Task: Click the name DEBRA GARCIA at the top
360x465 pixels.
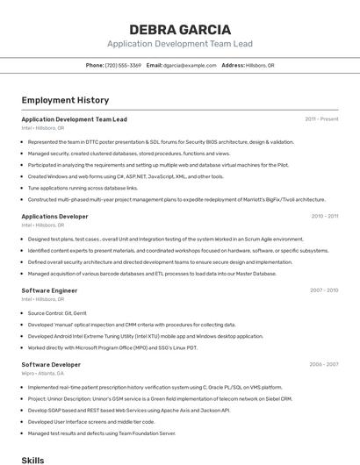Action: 179,29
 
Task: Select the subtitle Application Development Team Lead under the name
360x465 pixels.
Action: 179,43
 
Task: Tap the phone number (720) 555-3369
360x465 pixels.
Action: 123,66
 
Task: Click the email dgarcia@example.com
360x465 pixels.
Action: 189,66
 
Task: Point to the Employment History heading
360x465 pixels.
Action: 65,100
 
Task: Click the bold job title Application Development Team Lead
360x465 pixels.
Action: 74,119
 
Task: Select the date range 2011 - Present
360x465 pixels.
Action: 321,119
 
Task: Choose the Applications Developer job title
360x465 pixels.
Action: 54,216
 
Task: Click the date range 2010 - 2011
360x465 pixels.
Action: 324,216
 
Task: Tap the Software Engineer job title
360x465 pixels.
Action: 49,290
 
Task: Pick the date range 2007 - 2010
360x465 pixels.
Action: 324,290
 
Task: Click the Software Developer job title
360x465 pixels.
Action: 51,364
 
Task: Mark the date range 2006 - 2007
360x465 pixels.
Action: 324,364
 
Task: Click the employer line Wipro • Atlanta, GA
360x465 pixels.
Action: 44,373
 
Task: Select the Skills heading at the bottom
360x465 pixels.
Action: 32,459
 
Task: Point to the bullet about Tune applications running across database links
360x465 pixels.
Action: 83,188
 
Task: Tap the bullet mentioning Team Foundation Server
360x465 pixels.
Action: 102,433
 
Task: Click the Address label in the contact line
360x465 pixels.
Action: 233,66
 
